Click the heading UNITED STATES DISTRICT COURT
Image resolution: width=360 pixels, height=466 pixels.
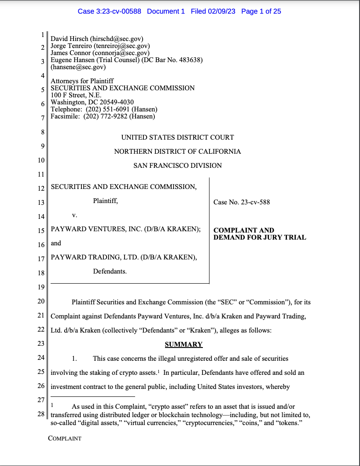(177, 137)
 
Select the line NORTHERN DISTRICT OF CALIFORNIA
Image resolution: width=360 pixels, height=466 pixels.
(177, 152)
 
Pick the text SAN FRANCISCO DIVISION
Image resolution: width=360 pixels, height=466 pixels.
(177, 166)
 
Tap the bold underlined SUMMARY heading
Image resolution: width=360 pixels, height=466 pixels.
(184, 344)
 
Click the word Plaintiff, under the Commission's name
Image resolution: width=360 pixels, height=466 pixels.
(105, 201)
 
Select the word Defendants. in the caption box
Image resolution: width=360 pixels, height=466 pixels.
(110, 271)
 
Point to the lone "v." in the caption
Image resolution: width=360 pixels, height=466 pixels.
(74, 215)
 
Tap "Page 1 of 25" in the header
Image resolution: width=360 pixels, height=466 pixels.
(261, 11)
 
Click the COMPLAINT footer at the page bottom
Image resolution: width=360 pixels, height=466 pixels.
(65, 438)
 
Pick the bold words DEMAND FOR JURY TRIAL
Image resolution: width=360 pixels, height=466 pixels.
(260, 237)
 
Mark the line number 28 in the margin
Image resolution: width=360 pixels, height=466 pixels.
(40, 414)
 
